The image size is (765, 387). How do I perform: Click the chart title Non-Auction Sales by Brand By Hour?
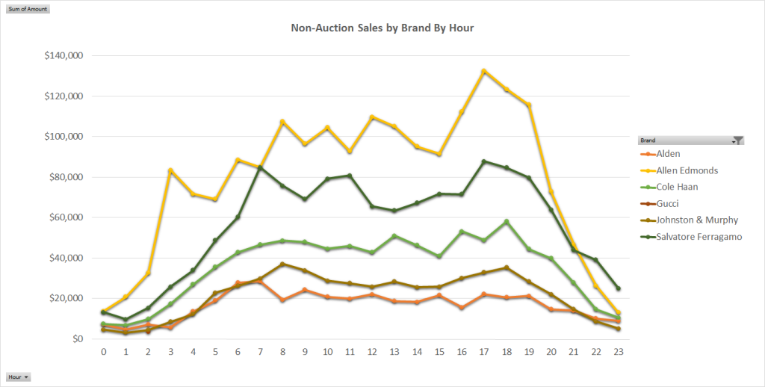(382, 28)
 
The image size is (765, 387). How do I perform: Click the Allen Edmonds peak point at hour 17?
(484, 71)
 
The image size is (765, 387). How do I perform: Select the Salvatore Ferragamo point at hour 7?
(260, 167)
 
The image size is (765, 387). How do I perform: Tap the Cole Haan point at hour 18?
(507, 221)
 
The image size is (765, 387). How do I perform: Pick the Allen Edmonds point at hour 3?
(170, 170)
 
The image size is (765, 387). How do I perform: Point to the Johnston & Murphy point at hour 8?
(282, 264)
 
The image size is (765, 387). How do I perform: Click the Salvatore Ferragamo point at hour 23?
(619, 288)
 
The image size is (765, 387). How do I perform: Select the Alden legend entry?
(669, 154)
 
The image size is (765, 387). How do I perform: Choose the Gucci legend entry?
(669, 203)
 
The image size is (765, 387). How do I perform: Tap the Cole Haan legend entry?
(678, 187)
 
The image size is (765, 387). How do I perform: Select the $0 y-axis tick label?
(77, 339)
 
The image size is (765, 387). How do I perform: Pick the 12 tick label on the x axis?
(372, 351)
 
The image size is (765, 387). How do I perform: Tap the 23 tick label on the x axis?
(619, 351)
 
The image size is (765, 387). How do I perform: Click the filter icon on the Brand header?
(738, 140)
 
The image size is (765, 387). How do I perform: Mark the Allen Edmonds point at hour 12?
(372, 117)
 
